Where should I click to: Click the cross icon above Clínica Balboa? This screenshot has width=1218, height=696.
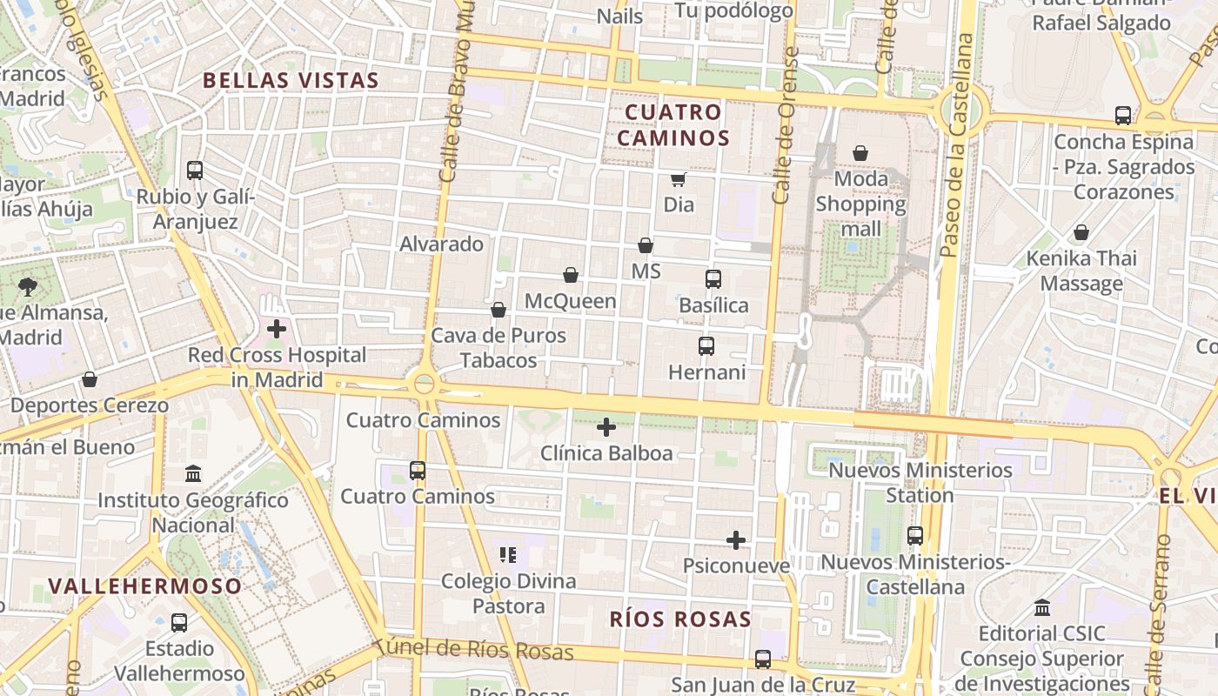point(606,427)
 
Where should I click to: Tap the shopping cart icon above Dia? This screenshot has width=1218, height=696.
point(679,179)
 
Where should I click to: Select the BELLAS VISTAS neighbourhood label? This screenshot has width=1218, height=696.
point(291,81)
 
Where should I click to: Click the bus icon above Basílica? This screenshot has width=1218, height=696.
point(713,279)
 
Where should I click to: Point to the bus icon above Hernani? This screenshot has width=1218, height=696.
point(706,346)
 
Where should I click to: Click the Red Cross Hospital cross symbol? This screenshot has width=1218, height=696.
point(277,329)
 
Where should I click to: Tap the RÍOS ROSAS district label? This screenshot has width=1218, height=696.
point(679,619)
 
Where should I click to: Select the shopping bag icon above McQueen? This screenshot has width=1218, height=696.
point(571,275)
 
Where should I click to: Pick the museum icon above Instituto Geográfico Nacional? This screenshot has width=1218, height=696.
point(193,474)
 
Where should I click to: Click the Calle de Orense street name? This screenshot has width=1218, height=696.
point(785,126)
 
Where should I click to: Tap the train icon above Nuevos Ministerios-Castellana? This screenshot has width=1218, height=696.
point(915,536)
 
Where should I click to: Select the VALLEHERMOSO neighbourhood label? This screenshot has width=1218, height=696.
point(144,586)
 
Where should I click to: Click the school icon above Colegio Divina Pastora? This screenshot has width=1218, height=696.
point(509,554)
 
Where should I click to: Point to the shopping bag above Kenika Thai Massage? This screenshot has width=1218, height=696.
point(1081,232)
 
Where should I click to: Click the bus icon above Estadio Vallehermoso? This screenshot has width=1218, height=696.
point(179,623)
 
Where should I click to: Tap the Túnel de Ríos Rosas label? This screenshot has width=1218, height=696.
point(474,650)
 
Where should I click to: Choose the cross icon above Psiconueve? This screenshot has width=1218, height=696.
point(736,540)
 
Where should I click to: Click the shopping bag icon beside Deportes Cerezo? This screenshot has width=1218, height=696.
point(90,379)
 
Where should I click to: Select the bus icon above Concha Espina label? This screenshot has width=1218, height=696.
point(1123,115)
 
